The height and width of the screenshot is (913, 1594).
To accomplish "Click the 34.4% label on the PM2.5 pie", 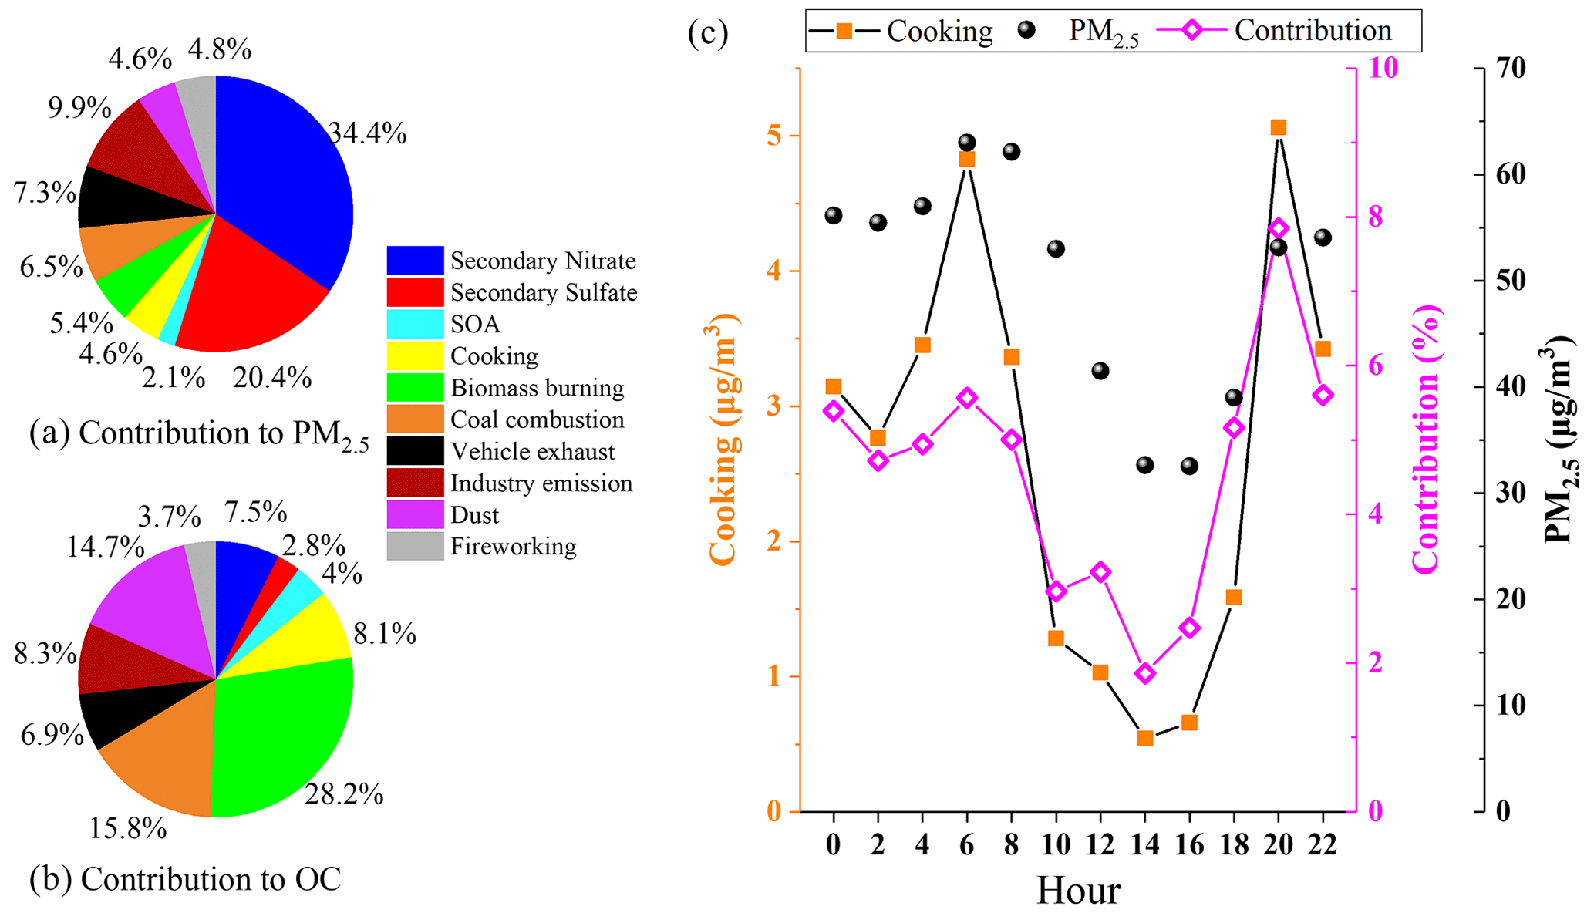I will [367, 134].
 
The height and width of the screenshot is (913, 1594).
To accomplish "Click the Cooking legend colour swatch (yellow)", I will [415, 355].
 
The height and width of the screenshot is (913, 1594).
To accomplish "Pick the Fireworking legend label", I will [513, 547].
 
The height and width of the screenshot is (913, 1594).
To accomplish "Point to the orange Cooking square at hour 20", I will [1279, 128].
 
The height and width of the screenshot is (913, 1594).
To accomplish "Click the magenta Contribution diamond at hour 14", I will [1145, 673].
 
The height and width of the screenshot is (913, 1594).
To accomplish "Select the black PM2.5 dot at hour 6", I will [967, 143].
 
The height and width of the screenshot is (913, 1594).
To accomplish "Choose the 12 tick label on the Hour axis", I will [1100, 845].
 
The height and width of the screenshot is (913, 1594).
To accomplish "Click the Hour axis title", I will [1078, 891].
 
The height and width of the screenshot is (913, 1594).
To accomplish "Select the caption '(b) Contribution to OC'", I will [185, 879].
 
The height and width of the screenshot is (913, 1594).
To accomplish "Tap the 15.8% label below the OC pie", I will [128, 829].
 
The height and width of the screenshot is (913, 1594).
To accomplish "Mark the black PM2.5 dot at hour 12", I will [1100, 371].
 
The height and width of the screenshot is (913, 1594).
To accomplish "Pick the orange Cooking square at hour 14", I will [1145, 739].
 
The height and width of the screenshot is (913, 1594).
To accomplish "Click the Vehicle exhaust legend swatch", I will [415, 451].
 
